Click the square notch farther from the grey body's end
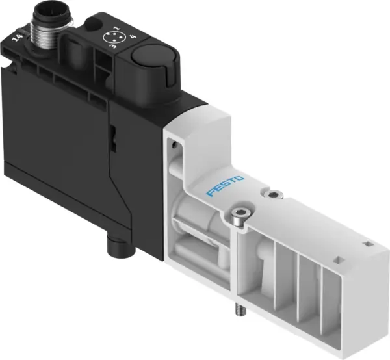pyautogui.click(x=339, y=259)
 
